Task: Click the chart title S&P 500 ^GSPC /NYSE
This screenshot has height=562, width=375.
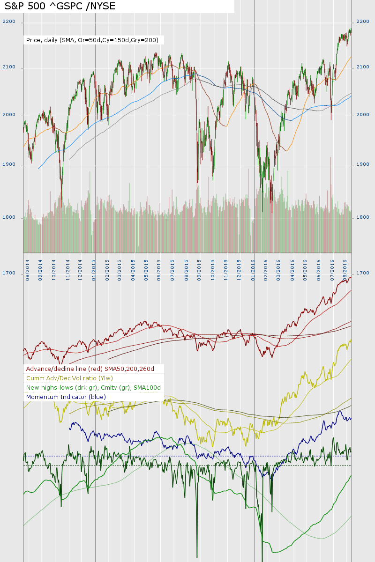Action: coord(60,6)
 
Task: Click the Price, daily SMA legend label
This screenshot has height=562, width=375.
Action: coord(92,40)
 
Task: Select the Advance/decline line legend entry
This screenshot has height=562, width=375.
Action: coord(90,369)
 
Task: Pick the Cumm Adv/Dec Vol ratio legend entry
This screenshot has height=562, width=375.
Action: coord(69,378)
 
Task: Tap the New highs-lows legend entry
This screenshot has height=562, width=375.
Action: coord(93,388)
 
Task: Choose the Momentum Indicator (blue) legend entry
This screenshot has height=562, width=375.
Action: coord(66,397)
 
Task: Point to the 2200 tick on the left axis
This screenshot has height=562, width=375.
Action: coord(9,22)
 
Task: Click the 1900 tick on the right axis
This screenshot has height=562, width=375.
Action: coord(363,165)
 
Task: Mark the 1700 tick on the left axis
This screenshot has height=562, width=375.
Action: coord(9,273)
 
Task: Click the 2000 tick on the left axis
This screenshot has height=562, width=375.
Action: coord(9,116)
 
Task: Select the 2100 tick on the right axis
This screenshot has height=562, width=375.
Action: coord(363,67)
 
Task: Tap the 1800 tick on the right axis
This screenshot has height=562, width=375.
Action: coord(363,217)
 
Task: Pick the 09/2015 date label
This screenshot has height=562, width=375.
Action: coord(200,271)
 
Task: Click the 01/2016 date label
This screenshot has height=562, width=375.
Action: coord(253,271)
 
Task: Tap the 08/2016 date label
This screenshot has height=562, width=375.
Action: coord(345,271)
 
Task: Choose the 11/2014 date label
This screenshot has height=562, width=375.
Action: coord(68,271)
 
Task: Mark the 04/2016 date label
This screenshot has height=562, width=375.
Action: coord(292,271)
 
